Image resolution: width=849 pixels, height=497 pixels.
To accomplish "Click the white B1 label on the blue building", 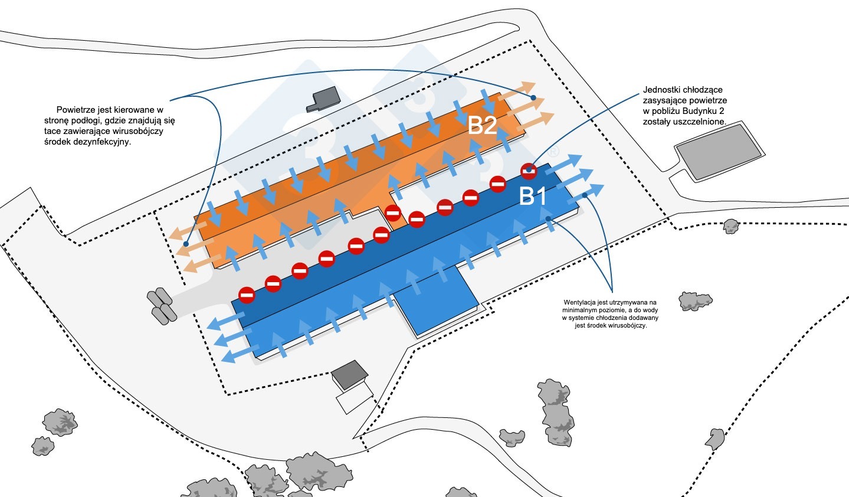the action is tap(533, 196).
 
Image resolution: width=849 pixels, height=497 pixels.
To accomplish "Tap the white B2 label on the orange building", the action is tap(482, 125).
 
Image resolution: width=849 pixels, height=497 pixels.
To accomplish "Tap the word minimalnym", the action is tap(578, 310).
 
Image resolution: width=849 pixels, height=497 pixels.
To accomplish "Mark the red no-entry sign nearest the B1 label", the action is tap(529, 171).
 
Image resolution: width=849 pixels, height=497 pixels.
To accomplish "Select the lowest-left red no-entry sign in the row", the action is tap(247, 295).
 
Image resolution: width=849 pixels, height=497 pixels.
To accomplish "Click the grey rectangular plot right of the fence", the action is tap(719, 151).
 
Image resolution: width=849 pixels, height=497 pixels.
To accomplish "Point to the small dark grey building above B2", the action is tap(323, 99).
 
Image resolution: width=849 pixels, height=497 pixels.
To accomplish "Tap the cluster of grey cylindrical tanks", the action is tap(162, 306).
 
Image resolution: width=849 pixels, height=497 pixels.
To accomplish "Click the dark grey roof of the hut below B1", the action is tap(349, 375).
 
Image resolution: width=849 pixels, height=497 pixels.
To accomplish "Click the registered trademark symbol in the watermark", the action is tap(554, 152).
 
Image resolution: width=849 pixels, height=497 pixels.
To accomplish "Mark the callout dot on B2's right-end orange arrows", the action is tap(533, 98).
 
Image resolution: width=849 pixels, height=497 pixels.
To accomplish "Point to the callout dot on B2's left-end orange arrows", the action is tap(186, 244).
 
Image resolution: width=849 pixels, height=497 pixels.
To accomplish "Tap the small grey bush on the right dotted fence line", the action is tap(731, 226).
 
